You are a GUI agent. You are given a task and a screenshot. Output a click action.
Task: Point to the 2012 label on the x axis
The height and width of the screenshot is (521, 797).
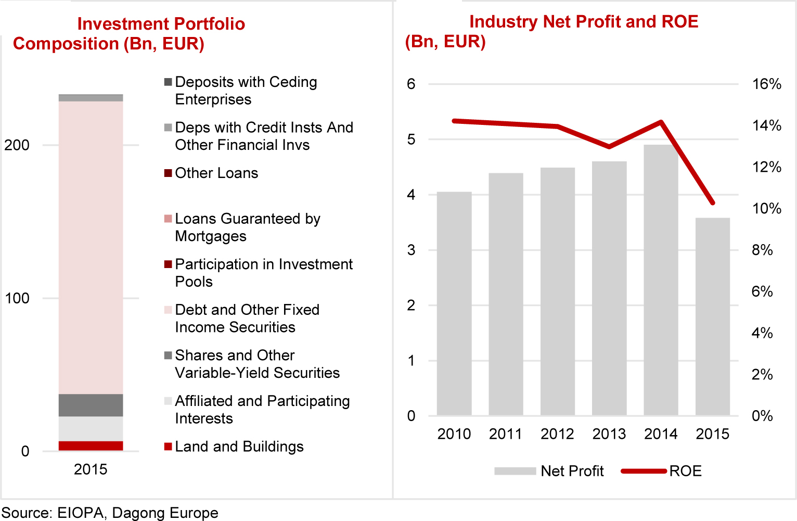[x=557, y=434]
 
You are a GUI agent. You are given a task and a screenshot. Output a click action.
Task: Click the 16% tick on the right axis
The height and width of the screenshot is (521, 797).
[x=766, y=84]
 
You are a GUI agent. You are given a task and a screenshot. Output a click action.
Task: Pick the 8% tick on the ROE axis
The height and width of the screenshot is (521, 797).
[x=762, y=250]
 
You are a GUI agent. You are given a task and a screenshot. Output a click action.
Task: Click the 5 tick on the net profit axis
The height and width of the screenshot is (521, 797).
[x=411, y=139]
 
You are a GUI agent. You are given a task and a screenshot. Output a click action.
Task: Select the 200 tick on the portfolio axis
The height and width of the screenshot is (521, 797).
[x=17, y=145]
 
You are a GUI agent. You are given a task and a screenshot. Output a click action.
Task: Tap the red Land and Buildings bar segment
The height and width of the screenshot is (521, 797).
[x=91, y=446]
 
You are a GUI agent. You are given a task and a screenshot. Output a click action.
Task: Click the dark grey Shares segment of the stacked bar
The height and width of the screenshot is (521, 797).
[x=91, y=405]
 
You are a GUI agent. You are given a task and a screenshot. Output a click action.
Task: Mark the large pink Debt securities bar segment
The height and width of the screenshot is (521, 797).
[x=91, y=247]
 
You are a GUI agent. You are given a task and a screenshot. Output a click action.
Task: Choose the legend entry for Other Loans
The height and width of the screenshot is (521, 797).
[x=216, y=173]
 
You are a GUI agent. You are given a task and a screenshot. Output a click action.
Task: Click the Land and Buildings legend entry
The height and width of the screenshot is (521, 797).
[x=239, y=447]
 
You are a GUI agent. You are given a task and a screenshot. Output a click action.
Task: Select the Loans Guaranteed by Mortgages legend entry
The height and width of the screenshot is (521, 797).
[x=247, y=227]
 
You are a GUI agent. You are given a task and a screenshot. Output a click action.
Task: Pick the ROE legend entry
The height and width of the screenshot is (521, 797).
[x=685, y=471]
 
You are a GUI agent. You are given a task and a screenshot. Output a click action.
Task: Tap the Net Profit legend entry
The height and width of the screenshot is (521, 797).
[x=572, y=471]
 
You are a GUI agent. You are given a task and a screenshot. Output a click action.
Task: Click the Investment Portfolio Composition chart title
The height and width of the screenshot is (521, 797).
[x=130, y=34]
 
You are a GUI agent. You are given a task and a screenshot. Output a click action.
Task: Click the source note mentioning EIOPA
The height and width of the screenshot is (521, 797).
[x=110, y=513]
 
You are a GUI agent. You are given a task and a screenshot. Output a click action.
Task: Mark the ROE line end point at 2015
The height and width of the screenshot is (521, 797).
[x=712, y=202]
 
